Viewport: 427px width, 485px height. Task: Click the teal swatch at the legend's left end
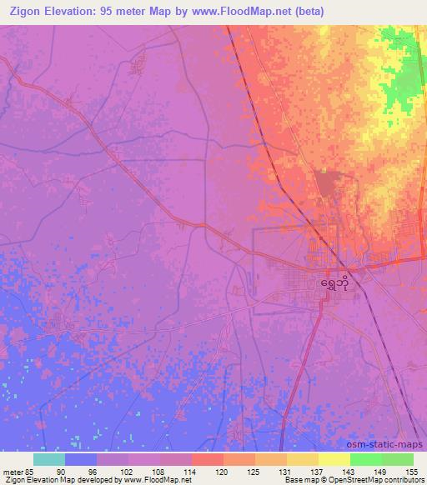49,459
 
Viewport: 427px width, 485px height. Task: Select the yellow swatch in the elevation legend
334,459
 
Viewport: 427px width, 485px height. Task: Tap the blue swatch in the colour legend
81,459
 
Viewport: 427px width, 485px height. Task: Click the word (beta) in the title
304,11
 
